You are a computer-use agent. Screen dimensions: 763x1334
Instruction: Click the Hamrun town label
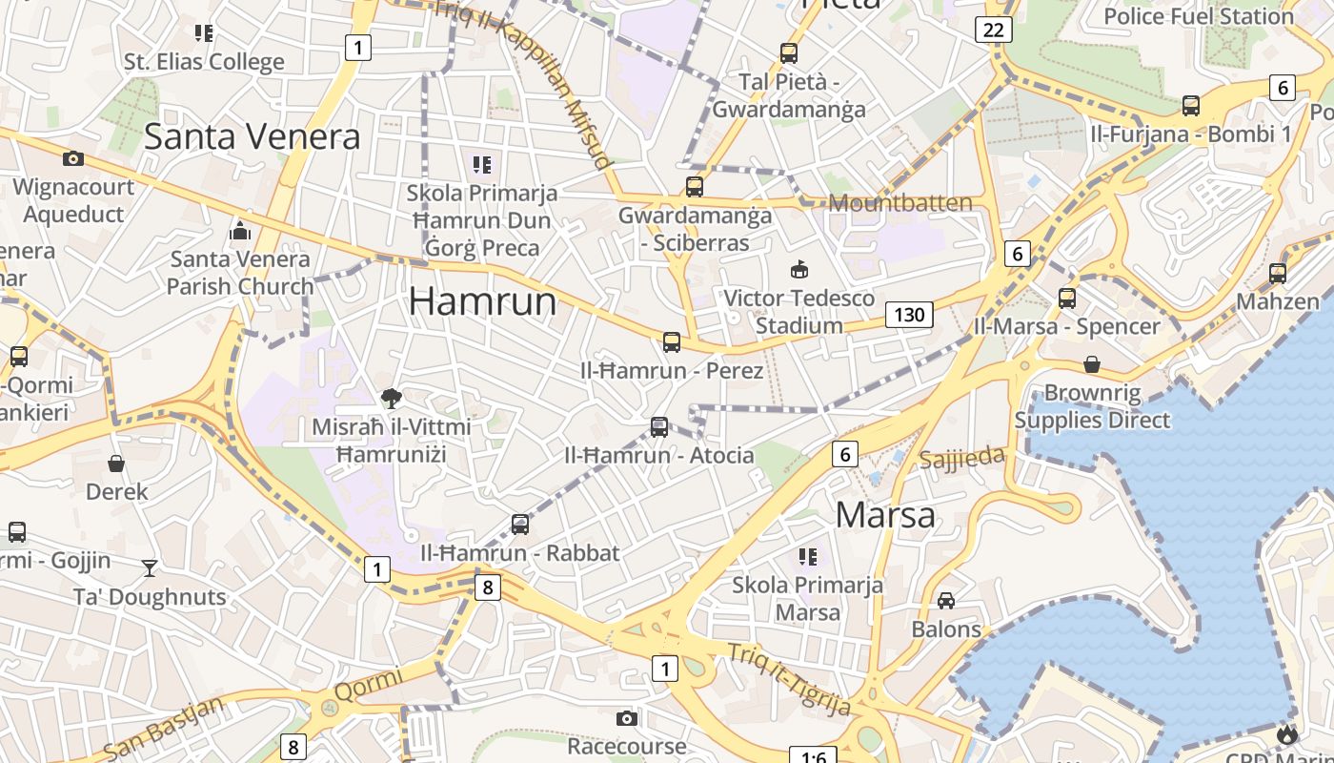(482, 301)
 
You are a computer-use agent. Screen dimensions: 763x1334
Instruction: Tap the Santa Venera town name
(253, 136)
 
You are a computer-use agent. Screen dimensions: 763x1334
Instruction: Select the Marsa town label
(885, 515)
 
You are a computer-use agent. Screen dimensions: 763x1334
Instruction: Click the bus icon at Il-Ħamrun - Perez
(672, 342)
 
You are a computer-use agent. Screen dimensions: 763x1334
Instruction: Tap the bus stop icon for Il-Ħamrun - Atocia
(658, 427)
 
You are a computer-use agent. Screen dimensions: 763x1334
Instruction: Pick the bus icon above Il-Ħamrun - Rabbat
(519, 525)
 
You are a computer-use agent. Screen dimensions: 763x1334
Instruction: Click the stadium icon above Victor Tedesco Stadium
(799, 270)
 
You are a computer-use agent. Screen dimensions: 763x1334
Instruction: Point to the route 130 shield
(909, 314)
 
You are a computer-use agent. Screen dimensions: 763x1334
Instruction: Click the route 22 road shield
(993, 30)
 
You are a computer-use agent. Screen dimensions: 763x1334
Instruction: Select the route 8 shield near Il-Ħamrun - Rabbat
(487, 587)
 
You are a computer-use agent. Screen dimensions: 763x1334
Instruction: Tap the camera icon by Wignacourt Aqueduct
(73, 158)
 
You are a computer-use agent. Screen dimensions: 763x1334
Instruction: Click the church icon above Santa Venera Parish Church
(239, 231)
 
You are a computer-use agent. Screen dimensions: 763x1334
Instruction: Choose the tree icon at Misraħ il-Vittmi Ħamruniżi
(391, 399)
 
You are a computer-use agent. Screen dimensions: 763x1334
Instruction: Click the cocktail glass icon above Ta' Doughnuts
(150, 568)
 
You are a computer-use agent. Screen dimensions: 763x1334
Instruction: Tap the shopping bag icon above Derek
(116, 464)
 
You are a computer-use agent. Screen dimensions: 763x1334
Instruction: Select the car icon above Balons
(945, 600)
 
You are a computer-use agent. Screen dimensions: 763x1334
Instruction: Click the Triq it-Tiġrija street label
(789, 679)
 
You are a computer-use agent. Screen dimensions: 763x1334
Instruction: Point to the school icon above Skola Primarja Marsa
(808, 556)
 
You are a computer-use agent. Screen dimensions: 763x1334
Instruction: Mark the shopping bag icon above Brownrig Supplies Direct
(1092, 364)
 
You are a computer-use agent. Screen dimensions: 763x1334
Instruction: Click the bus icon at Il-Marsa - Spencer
(1067, 298)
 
